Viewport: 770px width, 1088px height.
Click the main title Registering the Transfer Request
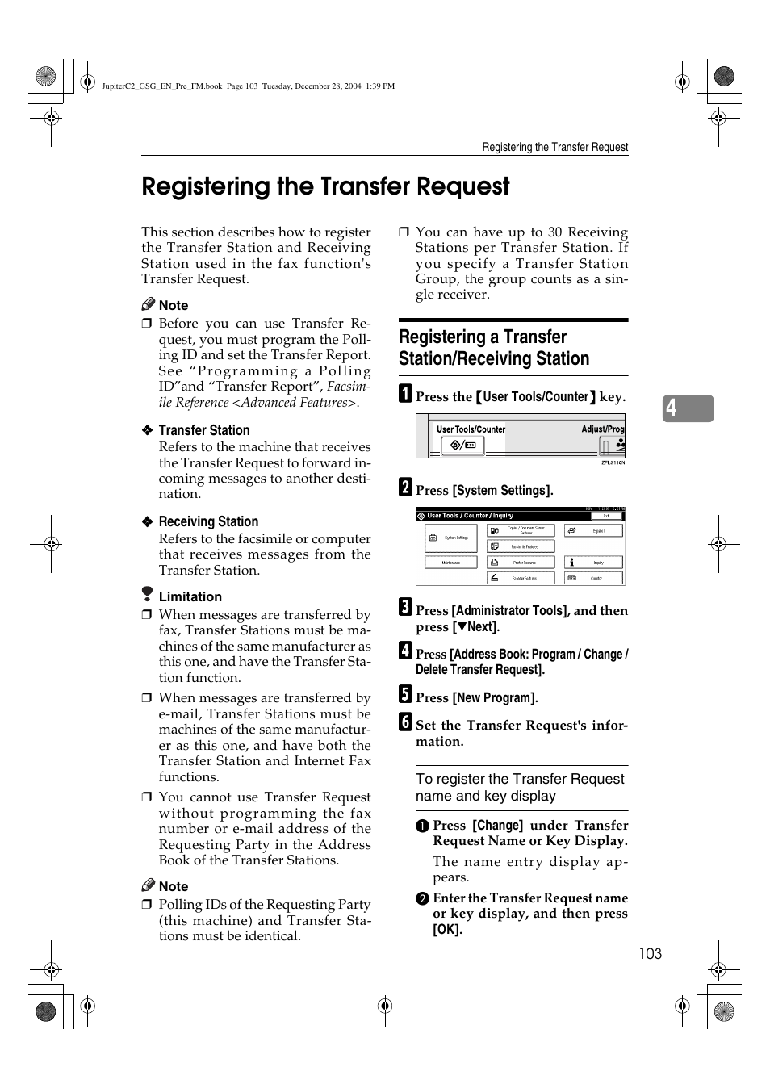(325, 186)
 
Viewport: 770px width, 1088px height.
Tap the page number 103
(650, 954)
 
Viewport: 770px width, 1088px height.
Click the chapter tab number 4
(672, 408)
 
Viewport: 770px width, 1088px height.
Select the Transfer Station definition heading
(203, 430)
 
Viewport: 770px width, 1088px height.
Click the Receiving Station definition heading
(208, 521)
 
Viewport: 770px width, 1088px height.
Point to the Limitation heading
(190, 596)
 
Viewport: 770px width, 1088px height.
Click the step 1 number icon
(405, 395)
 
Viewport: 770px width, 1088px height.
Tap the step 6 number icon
(405, 722)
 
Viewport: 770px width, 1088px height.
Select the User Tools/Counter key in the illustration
(462, 445)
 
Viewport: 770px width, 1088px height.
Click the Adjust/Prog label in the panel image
(602, 429)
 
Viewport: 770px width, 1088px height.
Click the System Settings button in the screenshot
(450, 538)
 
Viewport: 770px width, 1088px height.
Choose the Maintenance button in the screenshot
(450, 563)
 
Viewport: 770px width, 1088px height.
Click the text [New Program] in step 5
(495, 698)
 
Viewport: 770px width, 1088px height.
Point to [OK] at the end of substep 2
(447, 930)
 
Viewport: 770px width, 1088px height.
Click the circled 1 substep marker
(422, 826)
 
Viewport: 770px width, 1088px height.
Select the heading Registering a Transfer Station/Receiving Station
(493, 348)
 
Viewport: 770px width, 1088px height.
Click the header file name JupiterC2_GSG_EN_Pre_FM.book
(161, 86)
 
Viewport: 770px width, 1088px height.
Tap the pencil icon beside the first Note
(148, 304)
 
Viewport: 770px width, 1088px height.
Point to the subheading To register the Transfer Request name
(520, 787)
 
